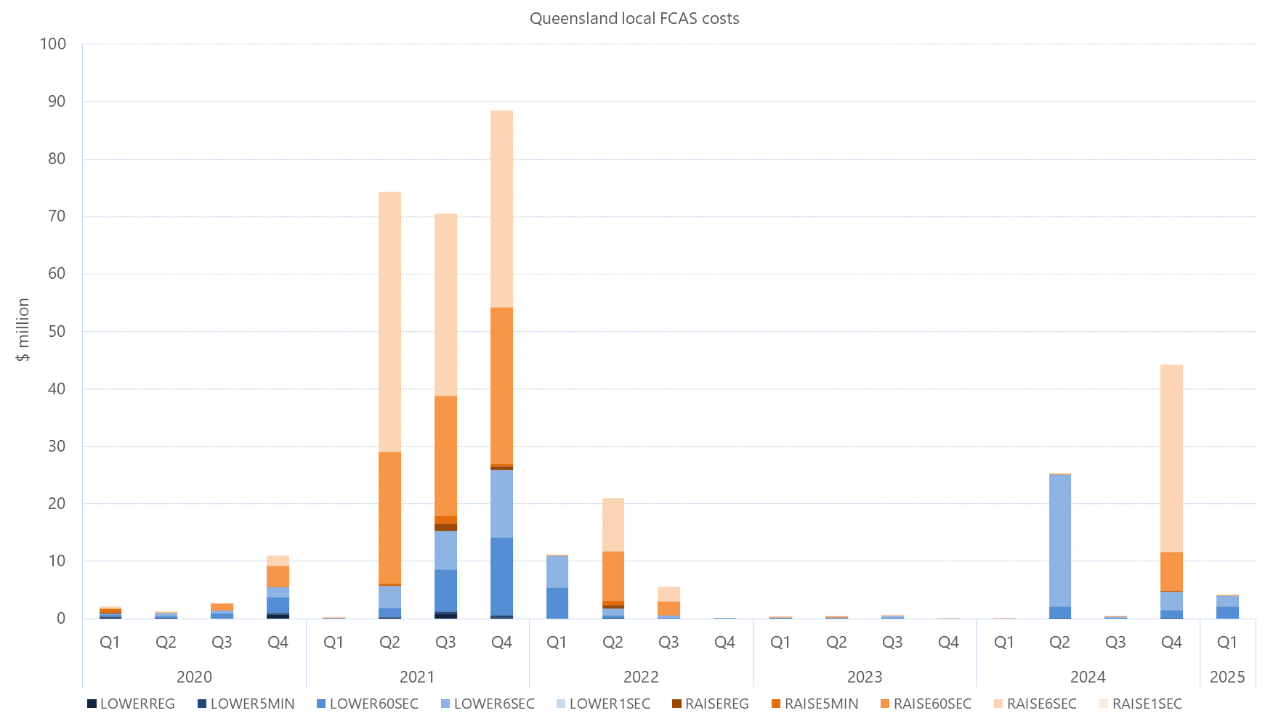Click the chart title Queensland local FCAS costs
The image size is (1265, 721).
[x=634, y=18]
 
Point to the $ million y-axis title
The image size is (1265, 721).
[x=23, y=330]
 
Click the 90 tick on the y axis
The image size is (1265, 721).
[x=57, y=101]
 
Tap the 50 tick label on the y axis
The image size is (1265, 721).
[x=57, y=331]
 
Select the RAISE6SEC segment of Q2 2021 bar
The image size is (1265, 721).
[x=389, y=322]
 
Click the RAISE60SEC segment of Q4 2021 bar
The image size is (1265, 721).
[x=501, y=386]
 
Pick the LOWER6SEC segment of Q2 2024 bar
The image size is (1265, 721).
[x=1059, y=540]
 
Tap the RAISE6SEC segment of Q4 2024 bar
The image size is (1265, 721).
[x=1171, y=458]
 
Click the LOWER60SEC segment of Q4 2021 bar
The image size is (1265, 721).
[x=501, y=577]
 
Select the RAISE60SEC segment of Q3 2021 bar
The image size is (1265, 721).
[x=445, y=456]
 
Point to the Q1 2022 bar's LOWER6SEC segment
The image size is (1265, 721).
[x=557, y=572]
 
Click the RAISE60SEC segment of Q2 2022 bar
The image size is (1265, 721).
[x=613, y=577]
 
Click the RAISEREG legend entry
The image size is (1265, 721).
[x=710, y=704]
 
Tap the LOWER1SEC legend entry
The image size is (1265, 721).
[x=603, y=704]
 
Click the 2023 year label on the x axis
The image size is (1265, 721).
[x=864, y=677]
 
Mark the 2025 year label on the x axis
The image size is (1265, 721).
[x=1227, y=677]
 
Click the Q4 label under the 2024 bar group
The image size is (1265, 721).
[x=1171, y=643]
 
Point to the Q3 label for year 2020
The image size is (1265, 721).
[x=222, y=643]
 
